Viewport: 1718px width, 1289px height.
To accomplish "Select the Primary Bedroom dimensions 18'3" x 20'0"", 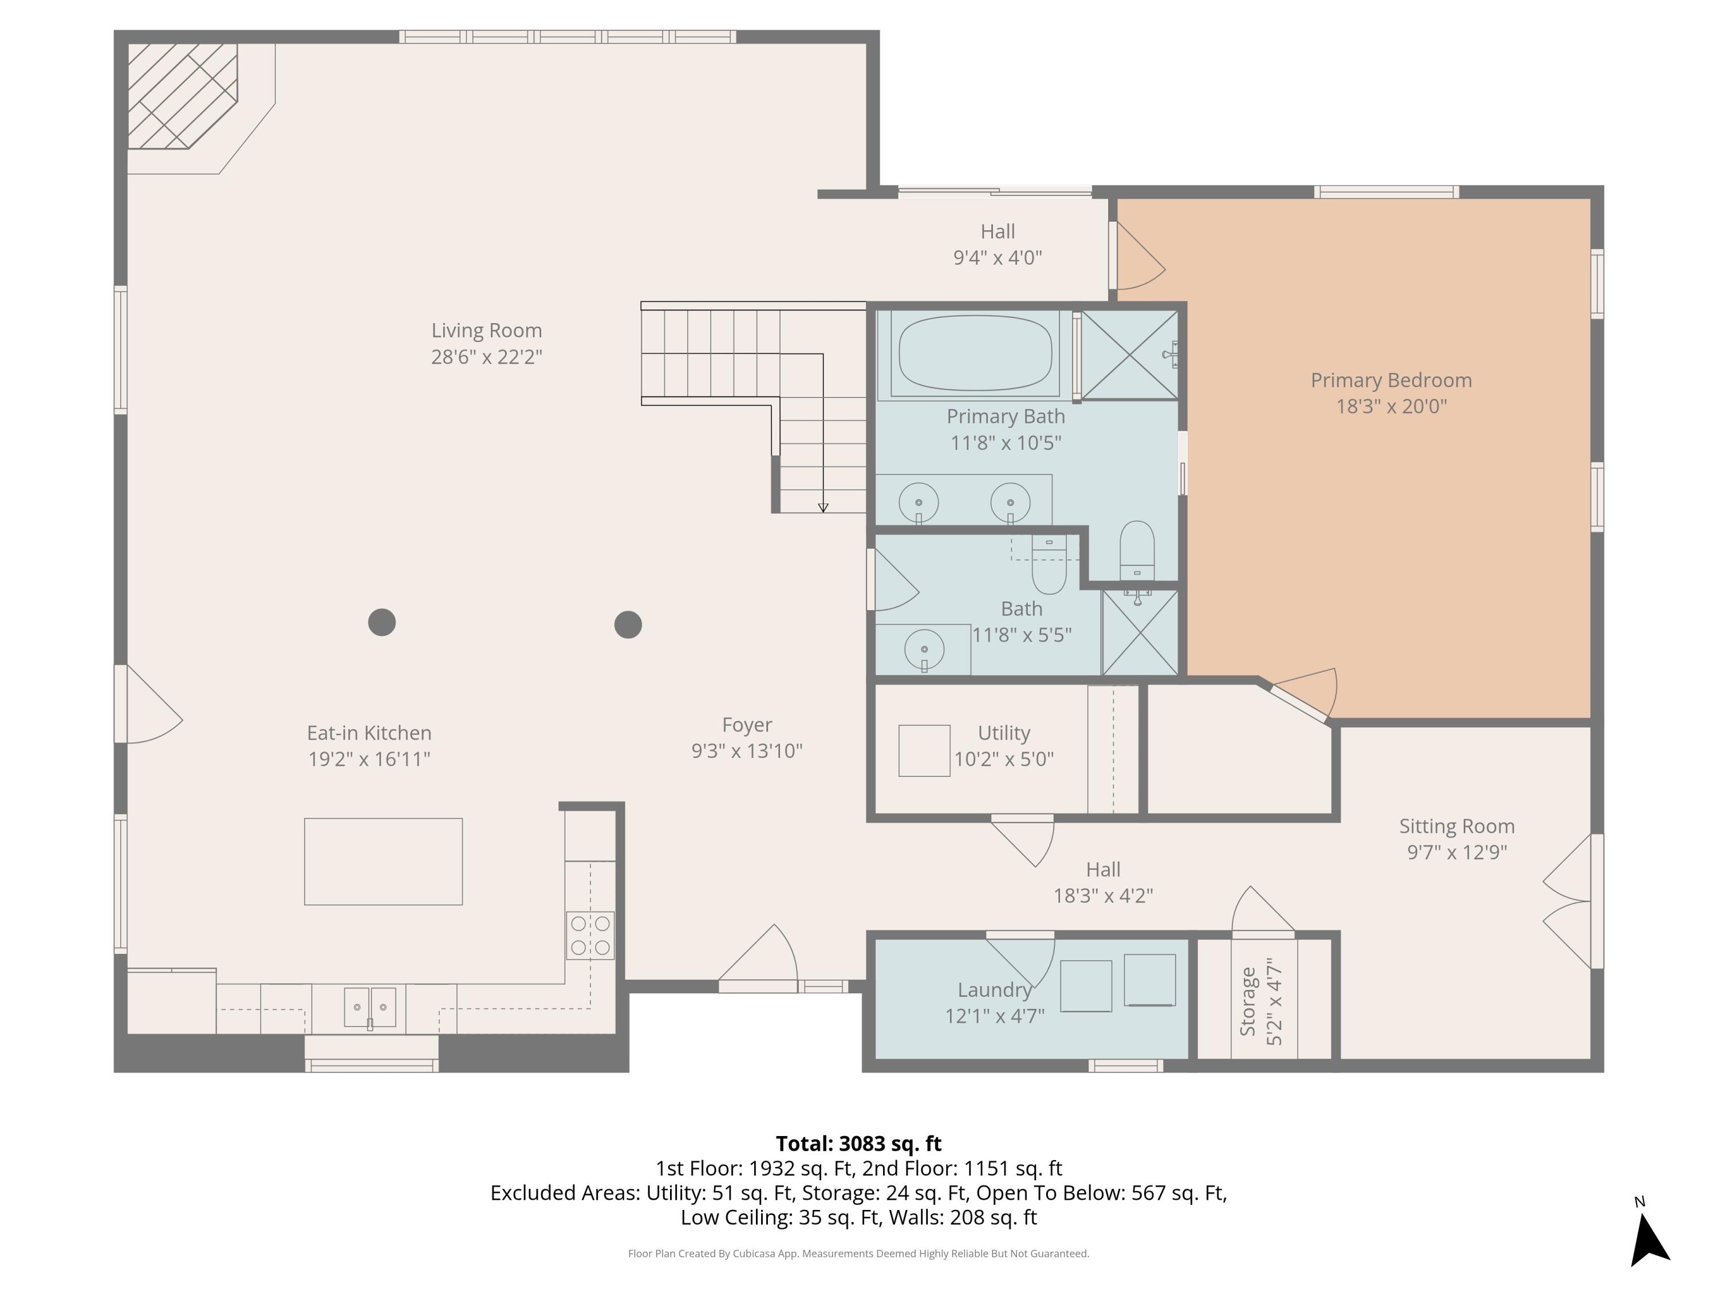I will pos(1391,406).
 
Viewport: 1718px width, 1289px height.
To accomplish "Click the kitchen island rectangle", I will pos(383,861).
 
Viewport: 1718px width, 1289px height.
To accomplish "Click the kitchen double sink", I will pos(370,1007).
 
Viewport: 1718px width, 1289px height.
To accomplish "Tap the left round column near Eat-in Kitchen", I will pos(381,622).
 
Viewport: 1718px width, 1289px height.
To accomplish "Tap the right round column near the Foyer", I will pos(628,624).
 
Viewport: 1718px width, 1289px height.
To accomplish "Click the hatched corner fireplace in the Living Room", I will pos(180,95).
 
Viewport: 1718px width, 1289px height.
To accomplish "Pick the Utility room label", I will pos(1003,733).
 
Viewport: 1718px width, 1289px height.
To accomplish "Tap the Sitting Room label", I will pos(1456,826).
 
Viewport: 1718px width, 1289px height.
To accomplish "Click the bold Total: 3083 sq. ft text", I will pos(858,1143).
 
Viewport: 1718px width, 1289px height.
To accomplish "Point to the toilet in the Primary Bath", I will pos(1137,549).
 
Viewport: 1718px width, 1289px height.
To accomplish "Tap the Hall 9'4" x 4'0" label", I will pos(997,244).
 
